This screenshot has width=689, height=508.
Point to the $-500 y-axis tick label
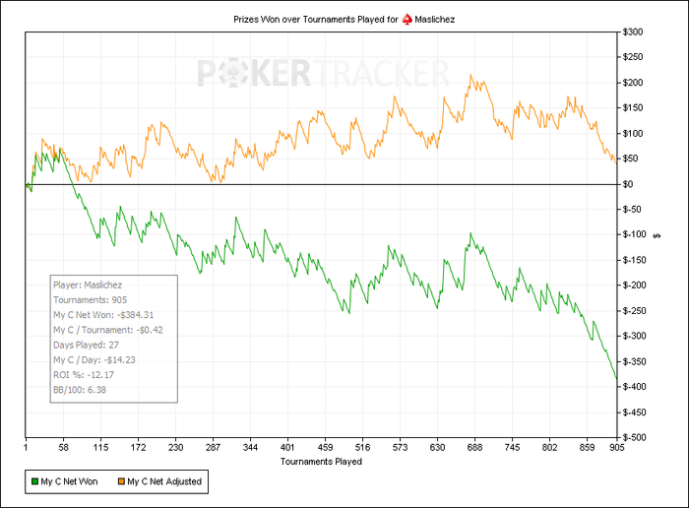[634, 437]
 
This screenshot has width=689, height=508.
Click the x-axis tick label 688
[672, 446]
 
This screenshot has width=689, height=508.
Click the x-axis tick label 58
[65, 446]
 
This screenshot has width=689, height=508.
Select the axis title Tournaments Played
[321, 461]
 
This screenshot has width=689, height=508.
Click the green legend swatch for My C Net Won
[32, 481]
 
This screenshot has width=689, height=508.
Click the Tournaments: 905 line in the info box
[90, 299]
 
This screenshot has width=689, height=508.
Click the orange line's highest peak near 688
[472, 75]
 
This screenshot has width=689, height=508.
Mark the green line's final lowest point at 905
[616, 379]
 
